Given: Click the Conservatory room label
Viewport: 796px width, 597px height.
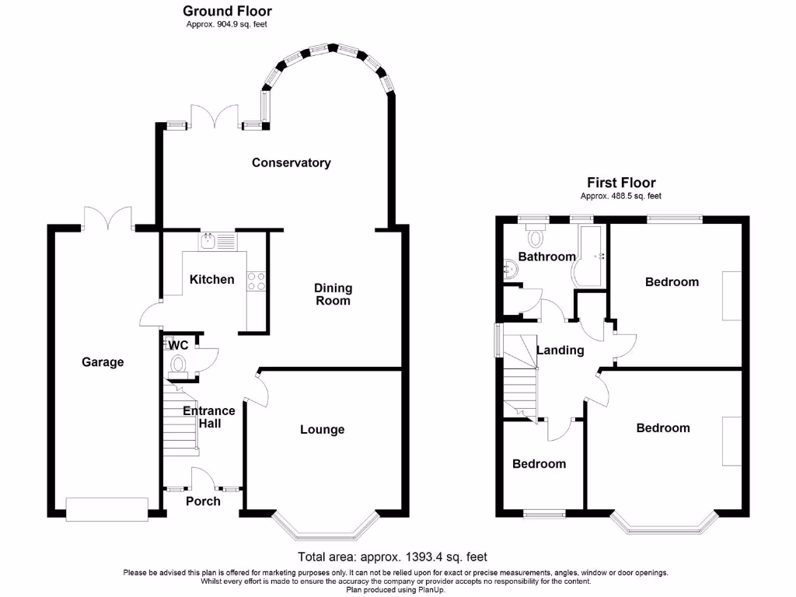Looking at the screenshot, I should coord(292,162).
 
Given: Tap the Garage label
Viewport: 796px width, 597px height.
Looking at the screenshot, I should coord(103,361).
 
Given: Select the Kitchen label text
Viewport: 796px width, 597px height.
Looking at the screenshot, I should coord(212,279).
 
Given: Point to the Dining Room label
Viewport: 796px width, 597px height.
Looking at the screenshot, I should coord(333,294).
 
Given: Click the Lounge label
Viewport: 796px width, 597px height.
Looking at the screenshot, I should coord(322,429).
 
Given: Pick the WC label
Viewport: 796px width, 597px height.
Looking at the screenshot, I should coord(178,345).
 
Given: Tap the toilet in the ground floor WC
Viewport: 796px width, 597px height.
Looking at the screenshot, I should coord(179,364).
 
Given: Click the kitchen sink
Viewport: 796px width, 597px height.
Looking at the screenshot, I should coord(208,242).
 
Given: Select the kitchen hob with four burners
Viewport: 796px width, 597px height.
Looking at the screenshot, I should coord(256,281).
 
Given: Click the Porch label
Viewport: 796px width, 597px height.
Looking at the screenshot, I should coord(203,501).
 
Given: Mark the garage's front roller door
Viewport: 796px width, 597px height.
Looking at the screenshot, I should coord(106,508).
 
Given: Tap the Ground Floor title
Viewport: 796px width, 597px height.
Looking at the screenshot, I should coord(227,11).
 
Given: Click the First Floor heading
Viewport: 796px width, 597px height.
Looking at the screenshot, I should coord(621,183).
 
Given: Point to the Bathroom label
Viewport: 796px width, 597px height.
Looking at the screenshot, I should coord(547,257).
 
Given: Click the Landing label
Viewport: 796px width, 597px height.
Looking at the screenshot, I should coord(560,350).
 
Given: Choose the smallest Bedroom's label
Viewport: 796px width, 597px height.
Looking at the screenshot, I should coord(539,463).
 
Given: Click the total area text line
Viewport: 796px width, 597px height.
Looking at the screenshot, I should coord(393,556).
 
